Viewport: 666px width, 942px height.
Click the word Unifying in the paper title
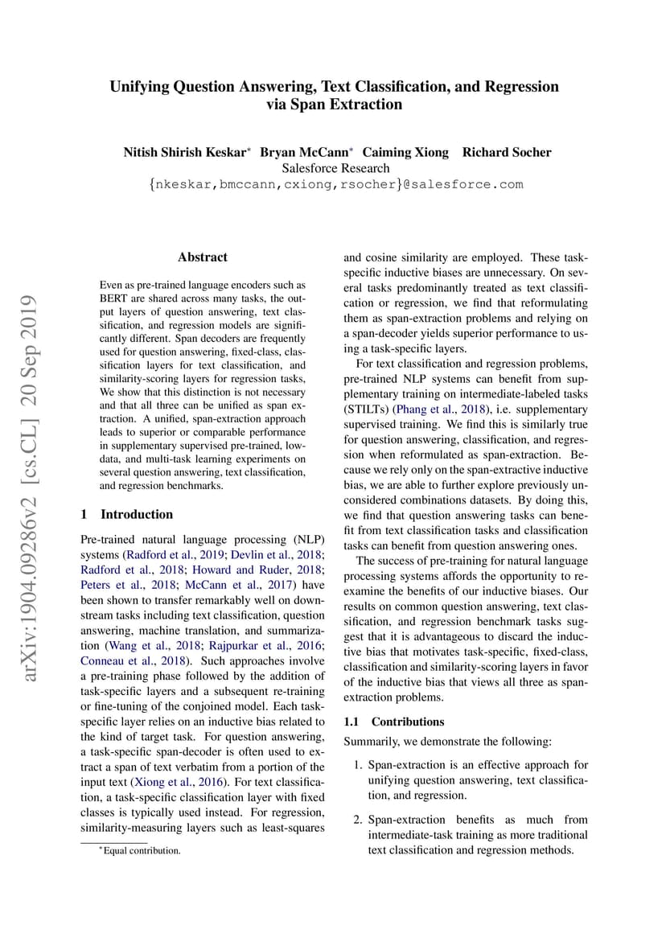(142, 87)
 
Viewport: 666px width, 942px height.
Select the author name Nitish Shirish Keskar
(187, 152)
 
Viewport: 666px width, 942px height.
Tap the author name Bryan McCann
(306, 152)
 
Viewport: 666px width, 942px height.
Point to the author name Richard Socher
(507, 152)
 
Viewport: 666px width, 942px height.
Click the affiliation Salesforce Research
(335, 168)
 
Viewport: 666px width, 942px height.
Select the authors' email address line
(335, 184)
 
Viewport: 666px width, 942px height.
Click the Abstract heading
(203, 257)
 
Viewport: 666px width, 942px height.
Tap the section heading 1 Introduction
(127, 514)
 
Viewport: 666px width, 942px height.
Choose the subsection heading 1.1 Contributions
(393, 722)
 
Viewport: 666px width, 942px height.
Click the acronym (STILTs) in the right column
(366, 409)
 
